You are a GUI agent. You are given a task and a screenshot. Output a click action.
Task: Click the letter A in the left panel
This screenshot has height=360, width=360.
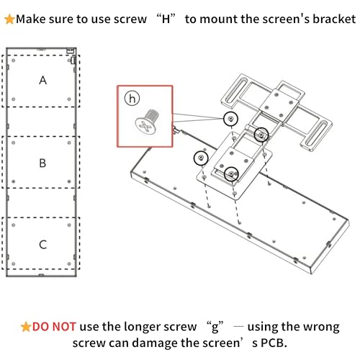coord(42,81)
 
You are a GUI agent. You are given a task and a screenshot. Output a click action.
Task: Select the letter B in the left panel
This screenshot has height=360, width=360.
coord(42,163)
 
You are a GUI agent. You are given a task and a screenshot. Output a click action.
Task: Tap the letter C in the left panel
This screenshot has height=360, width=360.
coord(42,245)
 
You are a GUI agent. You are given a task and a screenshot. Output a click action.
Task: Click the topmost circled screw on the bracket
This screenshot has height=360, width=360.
coord(230,118)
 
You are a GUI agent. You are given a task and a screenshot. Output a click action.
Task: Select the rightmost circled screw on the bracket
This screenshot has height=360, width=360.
coord(261,134)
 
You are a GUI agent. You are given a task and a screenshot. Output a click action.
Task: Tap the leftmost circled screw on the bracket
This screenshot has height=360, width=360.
coord(199,157)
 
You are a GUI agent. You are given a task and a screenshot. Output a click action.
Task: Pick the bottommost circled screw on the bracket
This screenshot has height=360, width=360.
coord(231,173)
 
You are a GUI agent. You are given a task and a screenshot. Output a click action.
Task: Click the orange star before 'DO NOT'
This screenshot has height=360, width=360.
coord(26,326)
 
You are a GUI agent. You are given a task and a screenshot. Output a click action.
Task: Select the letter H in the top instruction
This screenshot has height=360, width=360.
coord(165,18)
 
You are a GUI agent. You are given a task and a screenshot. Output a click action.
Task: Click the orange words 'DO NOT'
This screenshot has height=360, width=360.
coord(55,326)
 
